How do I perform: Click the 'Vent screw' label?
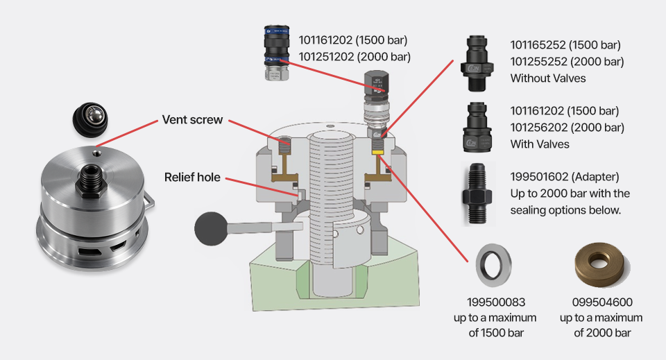(x=192, y=119)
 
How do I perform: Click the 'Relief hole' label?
(x=192, y=177)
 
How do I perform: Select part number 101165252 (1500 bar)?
(x=565, y=45)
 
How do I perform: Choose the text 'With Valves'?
(x=540, y=144)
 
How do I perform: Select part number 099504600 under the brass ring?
(x=601, y=302)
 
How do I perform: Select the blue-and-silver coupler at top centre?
(x=274, y=52)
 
